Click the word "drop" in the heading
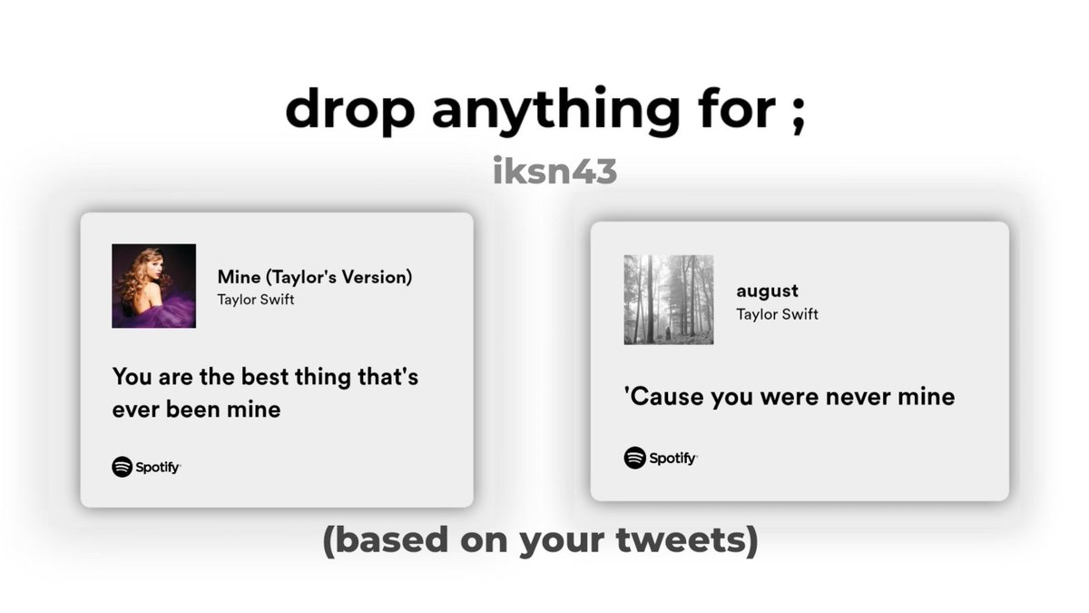[349, 110]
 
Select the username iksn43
[554, 171]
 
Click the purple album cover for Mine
[153, 285]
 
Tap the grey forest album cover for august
[668, 299]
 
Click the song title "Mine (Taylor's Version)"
[314, 277]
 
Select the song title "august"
[767, 291]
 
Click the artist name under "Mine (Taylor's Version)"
[256, 300]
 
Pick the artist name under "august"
[777, 314]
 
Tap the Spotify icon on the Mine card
[123, 467]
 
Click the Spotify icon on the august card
[634, 458]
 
